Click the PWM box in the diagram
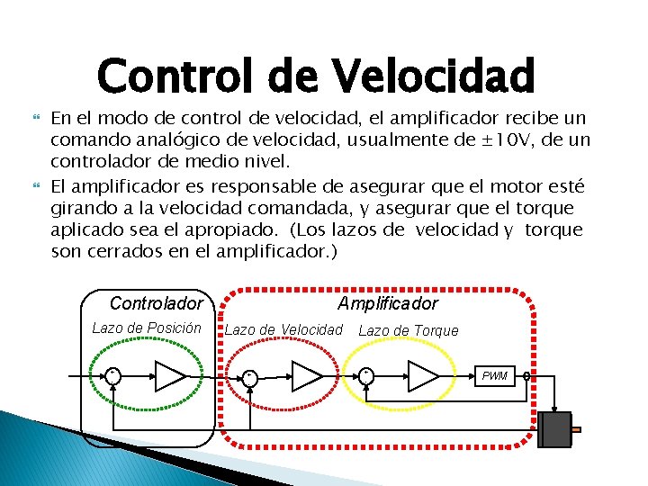click(495, 375)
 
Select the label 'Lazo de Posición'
click(147, 328)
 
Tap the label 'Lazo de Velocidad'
click(283, 329)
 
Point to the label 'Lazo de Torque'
click(409, 330)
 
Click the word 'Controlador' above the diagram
click(156, 303)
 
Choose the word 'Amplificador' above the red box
click(388, 303)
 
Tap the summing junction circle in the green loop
click(113, 375)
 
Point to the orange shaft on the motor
click(576, 429)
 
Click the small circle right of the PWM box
click(527, 376)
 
